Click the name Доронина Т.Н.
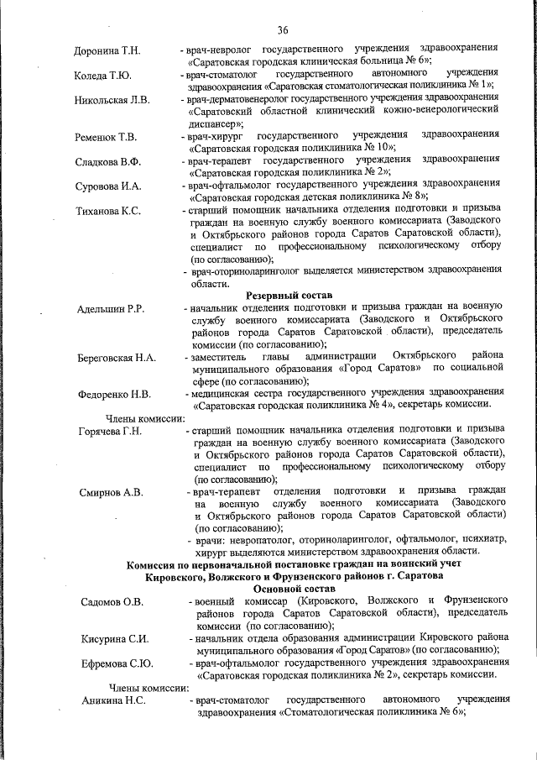click(107, 52)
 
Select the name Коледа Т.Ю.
click(102, 76)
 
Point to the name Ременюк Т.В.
click(106, 136)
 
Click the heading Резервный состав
click(289, 296)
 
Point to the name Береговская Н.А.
click(117, 359)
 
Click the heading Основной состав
click(289, 590)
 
